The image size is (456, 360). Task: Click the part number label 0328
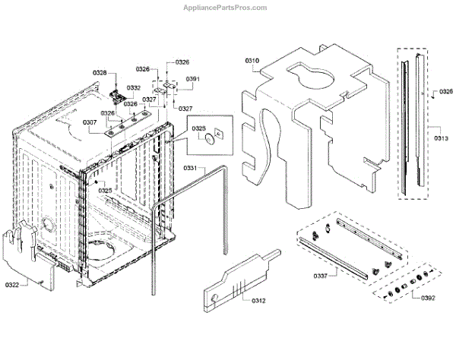[x=100, y=72]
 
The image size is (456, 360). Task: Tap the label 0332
[x=134, y=88]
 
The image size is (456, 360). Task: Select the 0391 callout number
[x=192, y=79]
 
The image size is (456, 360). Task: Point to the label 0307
[x=90, y=122]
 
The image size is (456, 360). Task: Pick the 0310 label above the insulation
[x=252, y=58]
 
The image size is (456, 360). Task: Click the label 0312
[x=259, y=301]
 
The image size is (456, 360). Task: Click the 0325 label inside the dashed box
[x=199, y=128]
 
